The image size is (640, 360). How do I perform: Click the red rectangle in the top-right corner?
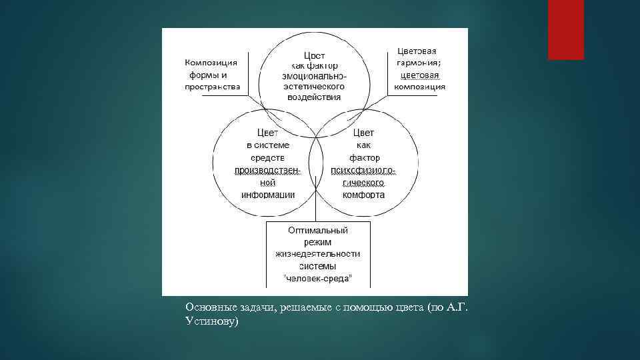click(565, 29)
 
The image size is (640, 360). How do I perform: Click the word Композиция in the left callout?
click(211, 63)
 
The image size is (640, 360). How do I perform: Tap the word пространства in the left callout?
click(213, 87)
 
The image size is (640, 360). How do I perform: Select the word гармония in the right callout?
click(418, 63)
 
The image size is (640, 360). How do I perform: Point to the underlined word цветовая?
click(419, 75)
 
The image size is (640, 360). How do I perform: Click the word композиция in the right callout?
click(420, 87)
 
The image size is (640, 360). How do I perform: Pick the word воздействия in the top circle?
click(314, 97)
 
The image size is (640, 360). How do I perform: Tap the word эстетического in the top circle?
click(314, 87)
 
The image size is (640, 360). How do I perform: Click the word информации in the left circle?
click(268, 195)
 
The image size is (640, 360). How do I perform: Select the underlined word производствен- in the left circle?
click(268, 171)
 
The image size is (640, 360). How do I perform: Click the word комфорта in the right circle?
click(363, 195)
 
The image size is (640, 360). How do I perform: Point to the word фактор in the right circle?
click(364, 158)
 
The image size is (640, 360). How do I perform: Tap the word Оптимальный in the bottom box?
click(318, 230)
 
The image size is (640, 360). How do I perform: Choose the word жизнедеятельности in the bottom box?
click(318, 253)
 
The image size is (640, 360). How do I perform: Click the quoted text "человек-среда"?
click(318, 277)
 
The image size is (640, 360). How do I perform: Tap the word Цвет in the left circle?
click(267, 133)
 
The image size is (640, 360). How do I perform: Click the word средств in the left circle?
click(268, 158)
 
